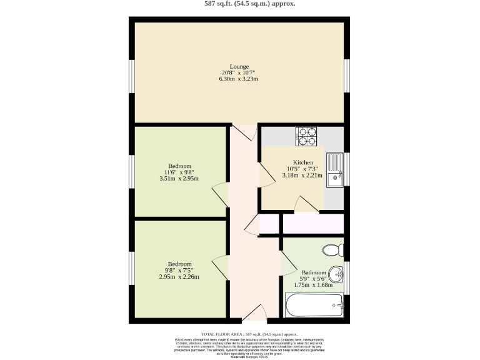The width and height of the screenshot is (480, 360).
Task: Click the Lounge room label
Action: pyautogui.click(x=239, y=66)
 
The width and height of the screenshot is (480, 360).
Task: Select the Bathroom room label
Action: pyautogui.click(x=314, y=272)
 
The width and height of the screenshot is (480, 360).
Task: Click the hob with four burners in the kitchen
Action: pyautogui.click(x=306, y=136)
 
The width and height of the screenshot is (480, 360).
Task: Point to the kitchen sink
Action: pyautogui.click(x=336, y=169)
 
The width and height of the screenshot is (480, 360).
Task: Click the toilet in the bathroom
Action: pyautogui.click(x=333, y=251)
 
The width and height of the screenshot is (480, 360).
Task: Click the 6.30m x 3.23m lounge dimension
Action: pyautogui.click(x=239, y=79)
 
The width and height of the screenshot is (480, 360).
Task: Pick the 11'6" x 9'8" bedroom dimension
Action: pyautogui.click(x=179, y=172)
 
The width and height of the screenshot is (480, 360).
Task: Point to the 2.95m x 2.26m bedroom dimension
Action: pyautogui.click(x=179, y=277)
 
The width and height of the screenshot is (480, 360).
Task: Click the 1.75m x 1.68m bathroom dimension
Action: pyautogui.click(x=314, y=285)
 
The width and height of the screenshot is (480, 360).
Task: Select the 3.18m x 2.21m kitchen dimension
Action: pyautogui.click(x=302, y=176)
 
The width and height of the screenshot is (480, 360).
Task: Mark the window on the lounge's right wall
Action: pyautogui.click(x=347, y=76)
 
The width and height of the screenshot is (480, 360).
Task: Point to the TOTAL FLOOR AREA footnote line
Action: pyautogui.click(x=249, y=335)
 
